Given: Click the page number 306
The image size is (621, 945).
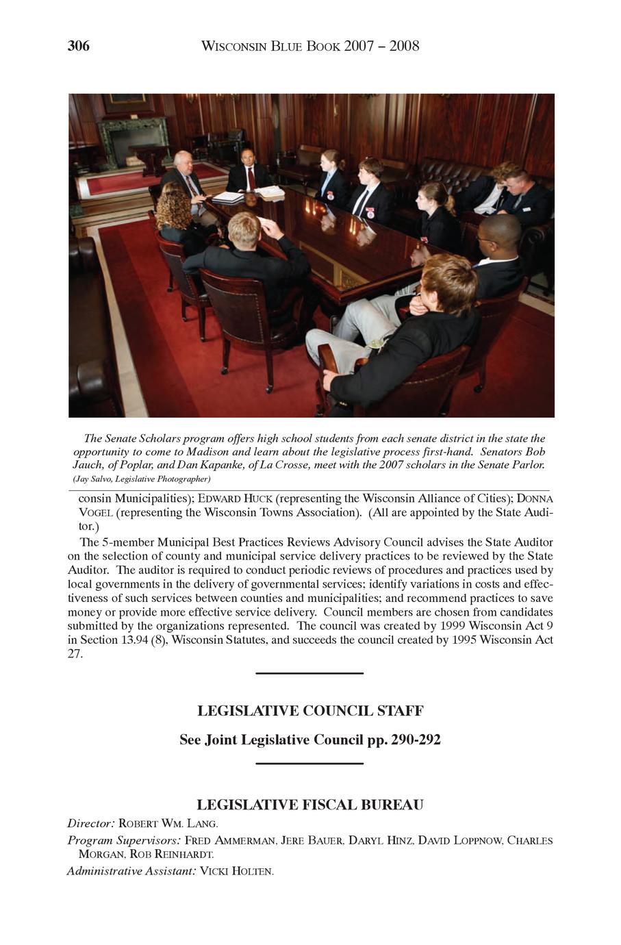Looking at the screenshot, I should (79, 46).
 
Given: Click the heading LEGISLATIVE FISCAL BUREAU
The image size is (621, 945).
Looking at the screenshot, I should (310, 804).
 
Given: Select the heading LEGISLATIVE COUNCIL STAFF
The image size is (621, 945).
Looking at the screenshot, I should (310, 711).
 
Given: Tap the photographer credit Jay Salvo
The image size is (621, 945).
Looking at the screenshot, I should (96, 478).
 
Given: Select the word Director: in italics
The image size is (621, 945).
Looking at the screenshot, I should (91, 822).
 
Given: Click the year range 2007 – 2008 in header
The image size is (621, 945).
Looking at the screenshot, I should (382, 46).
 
